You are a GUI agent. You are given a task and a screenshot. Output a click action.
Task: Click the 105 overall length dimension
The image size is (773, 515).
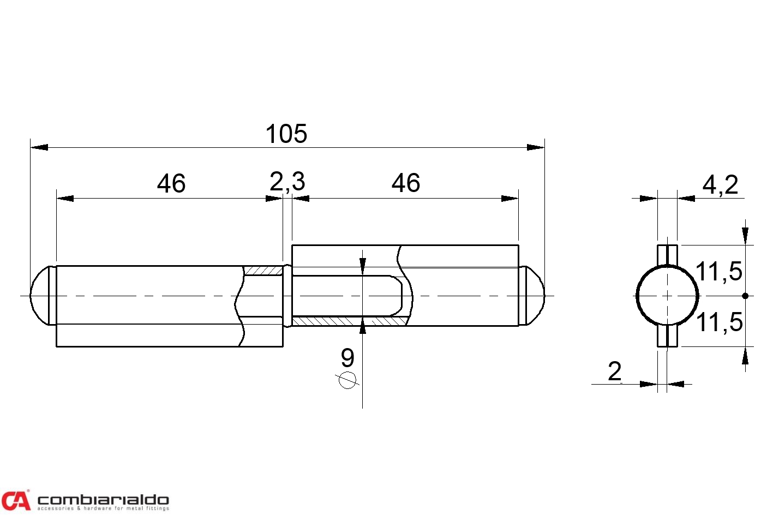click(286, 134)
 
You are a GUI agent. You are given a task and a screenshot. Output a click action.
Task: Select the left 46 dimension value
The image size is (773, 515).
click(171, 183)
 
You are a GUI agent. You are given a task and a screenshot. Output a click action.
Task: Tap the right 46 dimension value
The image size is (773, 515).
click(405, 183)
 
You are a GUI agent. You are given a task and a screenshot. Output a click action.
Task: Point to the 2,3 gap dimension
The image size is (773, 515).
click(287, 182)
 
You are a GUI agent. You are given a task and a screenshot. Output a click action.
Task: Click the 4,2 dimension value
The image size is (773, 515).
click(720, 185)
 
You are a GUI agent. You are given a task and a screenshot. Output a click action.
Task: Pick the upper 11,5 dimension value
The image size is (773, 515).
click(718, 271)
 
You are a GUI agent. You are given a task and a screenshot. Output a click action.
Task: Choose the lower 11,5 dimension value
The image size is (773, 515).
click(719, 322)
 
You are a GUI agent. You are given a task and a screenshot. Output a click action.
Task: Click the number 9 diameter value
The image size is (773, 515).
click(347, 357)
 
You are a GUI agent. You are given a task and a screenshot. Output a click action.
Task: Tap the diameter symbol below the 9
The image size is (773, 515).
click(347, 380)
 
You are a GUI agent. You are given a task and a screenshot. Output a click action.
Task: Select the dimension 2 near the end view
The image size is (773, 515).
click(615, 372)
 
